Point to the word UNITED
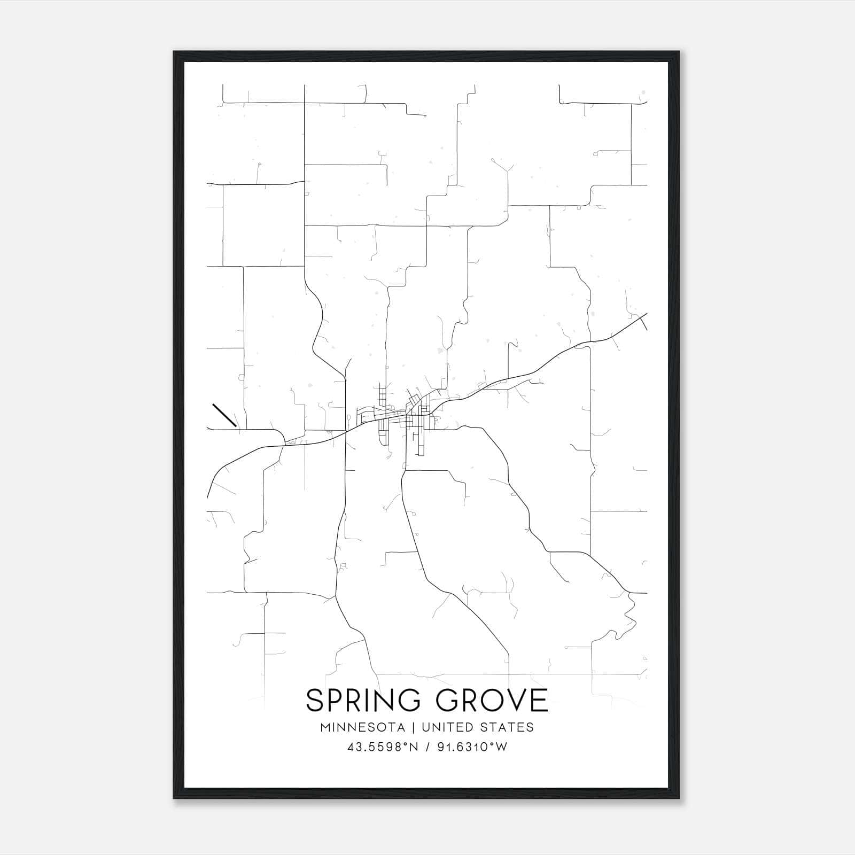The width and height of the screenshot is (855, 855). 447,727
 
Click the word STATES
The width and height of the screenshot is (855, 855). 506,727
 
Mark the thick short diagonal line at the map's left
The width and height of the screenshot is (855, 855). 224,415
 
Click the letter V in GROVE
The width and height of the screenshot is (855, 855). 514,700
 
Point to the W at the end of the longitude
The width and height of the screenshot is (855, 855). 501,747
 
